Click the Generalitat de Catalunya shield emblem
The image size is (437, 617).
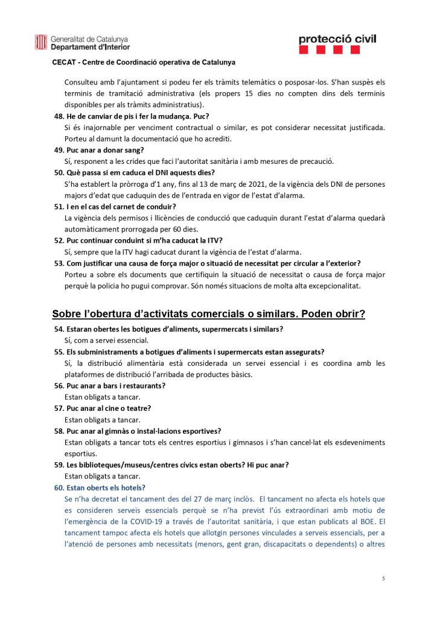41,42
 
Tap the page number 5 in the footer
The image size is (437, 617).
383,578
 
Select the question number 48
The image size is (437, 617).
59,116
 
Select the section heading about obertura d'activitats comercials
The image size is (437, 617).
208,314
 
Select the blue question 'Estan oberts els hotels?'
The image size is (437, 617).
105,487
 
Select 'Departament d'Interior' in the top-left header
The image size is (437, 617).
90,46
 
